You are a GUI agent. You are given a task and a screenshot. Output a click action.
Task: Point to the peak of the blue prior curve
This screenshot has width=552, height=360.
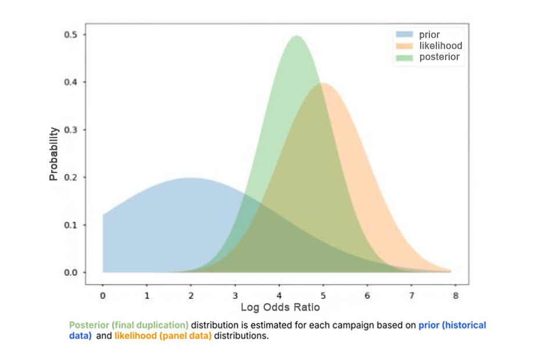coord(191,178)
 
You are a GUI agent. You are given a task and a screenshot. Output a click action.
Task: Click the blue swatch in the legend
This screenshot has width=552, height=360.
coord(405,35)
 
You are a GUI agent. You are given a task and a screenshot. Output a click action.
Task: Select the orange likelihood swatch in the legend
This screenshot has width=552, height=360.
coord(405,46)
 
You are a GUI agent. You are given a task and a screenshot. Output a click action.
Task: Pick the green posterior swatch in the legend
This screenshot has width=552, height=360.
coord(405,57)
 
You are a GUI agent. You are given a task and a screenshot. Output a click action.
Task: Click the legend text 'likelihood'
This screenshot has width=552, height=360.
coord(440,46)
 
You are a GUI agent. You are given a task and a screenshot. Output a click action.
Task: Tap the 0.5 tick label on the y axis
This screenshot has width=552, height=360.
coord(71,35)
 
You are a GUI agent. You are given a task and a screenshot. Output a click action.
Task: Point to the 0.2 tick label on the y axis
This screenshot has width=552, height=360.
coord(71,177)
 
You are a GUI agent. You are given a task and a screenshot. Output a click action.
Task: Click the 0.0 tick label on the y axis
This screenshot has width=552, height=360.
coord(71,272)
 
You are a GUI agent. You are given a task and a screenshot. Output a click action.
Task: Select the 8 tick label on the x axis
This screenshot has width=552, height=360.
coord(456,295)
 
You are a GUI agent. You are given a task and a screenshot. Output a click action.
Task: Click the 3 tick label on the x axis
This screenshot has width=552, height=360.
coord(235,295)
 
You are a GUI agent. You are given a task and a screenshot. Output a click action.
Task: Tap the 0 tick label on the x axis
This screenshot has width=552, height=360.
coord(103,295)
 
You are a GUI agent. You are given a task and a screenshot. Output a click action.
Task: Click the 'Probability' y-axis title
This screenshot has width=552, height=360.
coord(54,154)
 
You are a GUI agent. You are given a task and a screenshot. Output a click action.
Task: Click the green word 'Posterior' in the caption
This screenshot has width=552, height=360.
coord(87,325)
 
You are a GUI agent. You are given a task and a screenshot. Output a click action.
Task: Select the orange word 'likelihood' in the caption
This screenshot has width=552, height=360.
coord(135,336)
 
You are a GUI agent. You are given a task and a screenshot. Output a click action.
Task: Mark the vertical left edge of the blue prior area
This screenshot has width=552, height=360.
coord(103,244)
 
